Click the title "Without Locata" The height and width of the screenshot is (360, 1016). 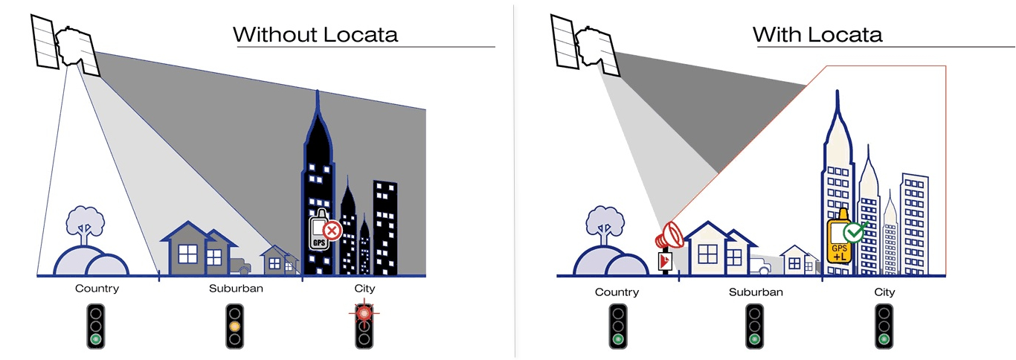pos(315,34)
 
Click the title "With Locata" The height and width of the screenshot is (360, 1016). pos(817,34)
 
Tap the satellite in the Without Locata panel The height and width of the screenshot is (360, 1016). pos(65,46)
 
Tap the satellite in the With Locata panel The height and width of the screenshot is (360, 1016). pos(585,46)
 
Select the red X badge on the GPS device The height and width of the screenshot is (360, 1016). pos(332,231)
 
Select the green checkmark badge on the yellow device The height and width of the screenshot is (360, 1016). pos(856,231)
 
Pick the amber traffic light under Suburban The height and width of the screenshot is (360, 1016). pos(234,327)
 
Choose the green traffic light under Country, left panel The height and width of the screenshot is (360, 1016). pos(96,327)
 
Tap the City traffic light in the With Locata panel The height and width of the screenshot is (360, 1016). pos(884,327)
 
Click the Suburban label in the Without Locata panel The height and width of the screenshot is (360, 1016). pos(236,289)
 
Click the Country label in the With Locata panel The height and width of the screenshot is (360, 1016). pos(617,292)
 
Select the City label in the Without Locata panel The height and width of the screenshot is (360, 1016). pos(364,289)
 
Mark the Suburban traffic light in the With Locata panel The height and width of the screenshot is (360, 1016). pos(755,327)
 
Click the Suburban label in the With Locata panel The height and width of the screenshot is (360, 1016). pos(756,292)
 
